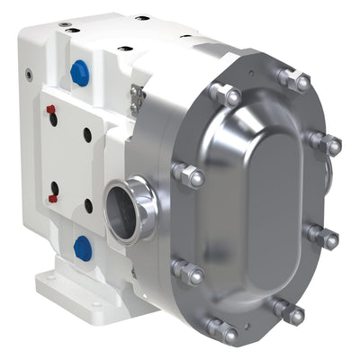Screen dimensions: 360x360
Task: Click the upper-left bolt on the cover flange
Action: (x=225, y=94)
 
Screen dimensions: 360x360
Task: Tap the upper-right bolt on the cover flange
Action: (x=324, y=142)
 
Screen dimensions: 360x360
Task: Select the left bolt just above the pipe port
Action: (x=187, y=175)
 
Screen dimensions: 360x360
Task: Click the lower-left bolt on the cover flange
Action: (x=188, y=271)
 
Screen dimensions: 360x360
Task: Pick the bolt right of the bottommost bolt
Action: (x=289, y=312)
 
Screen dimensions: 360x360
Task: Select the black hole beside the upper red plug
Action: (x=87, y=133)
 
